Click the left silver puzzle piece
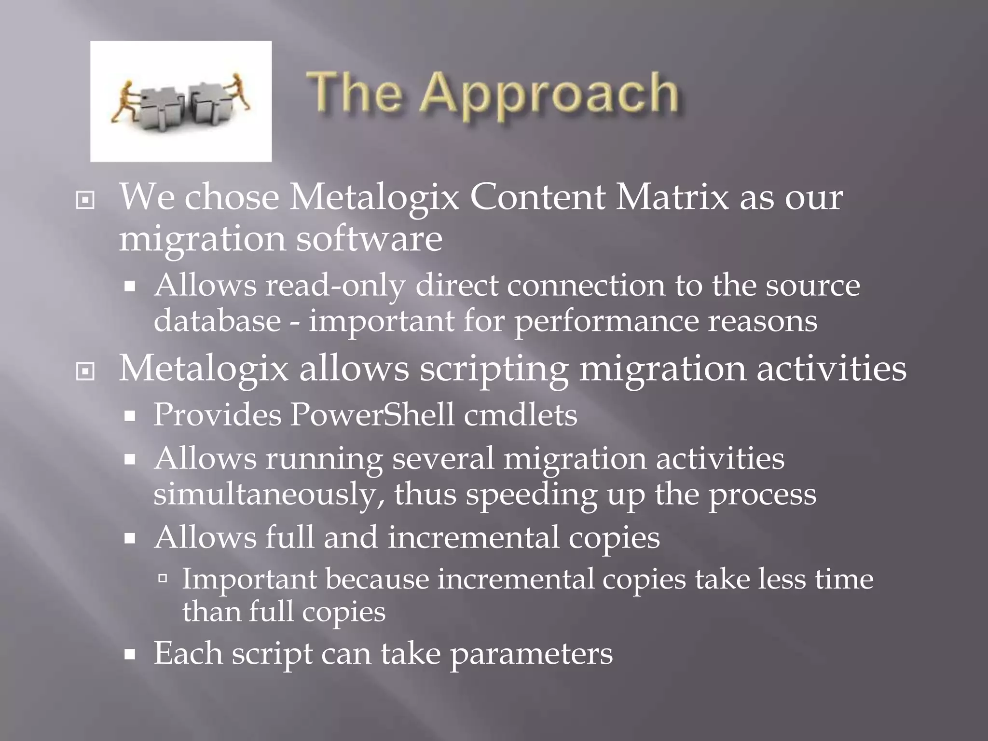(159, 109)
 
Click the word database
(217, 320)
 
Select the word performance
(606, 321)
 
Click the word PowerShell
(372, 414)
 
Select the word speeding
(531, 495)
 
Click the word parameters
(531, 654)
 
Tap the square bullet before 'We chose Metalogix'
(85, 200)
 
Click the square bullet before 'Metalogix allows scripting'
(85, 371)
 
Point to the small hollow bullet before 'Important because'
(163, 578)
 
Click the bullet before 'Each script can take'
(129, 655)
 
